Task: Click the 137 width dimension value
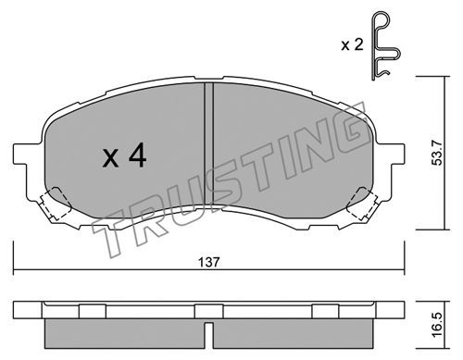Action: (209, 262)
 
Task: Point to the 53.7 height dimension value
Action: (437, 153)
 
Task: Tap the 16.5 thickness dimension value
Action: (437, 325)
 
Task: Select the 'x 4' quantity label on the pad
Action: (124, 156)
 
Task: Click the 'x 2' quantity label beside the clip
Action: (352, 45)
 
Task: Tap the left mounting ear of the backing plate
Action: (27, 155)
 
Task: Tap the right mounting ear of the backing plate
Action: (390, 155)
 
